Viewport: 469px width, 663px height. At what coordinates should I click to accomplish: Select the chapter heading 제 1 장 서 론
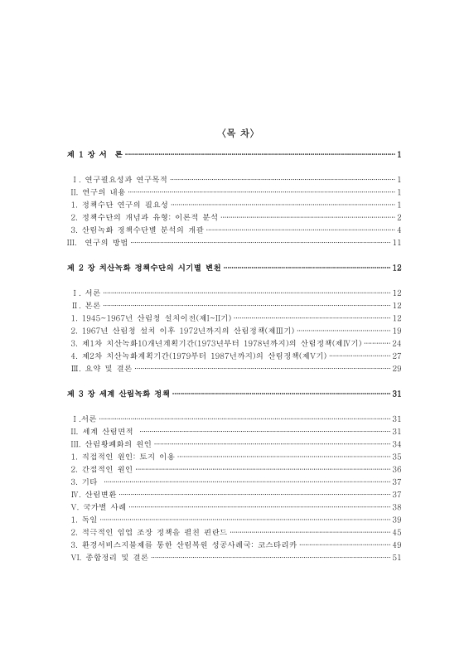(94, 155)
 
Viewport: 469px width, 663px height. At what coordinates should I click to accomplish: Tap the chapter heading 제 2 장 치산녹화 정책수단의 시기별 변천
(143, 269)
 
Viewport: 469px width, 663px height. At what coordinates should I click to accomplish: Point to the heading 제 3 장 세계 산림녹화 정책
(116, 394)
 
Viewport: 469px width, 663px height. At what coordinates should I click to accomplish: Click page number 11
(397, 242)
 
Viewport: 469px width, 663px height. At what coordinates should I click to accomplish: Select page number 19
(397, 330)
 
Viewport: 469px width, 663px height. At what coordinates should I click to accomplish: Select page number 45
(397, 532)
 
